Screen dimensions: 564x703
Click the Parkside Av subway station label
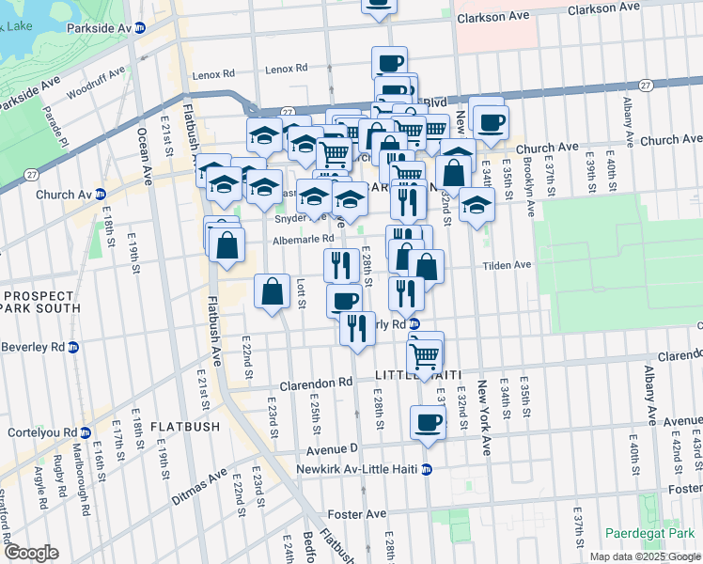coord(99,28)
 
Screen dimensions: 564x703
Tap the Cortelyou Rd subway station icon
coord(86,433)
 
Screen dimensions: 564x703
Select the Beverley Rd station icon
coord(73,347)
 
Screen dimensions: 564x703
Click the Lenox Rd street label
coord(287,70)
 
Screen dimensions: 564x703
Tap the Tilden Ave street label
coord(508,266)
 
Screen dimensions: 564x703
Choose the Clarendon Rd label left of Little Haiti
coord(317,384)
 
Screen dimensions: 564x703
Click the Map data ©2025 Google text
coord(645,556)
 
